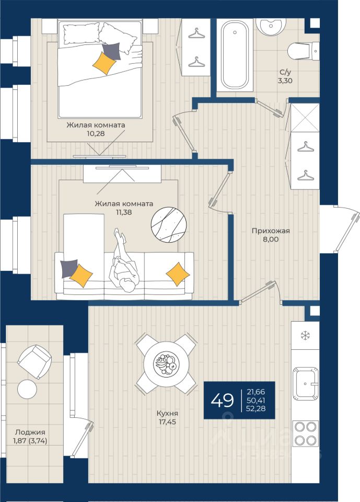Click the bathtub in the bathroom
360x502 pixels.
235,55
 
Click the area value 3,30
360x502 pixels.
285,81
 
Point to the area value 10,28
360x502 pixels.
96,133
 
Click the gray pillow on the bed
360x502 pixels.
111,51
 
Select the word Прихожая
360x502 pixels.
271,231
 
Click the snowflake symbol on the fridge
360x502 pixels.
305,336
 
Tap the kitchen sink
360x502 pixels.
305,383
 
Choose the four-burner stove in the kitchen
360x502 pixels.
305,433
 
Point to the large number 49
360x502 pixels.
222,400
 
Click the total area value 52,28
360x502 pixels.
256,408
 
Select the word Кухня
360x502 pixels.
167,413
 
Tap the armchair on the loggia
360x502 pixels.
34,362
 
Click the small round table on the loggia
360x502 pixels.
27,389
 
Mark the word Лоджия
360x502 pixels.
30,432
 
